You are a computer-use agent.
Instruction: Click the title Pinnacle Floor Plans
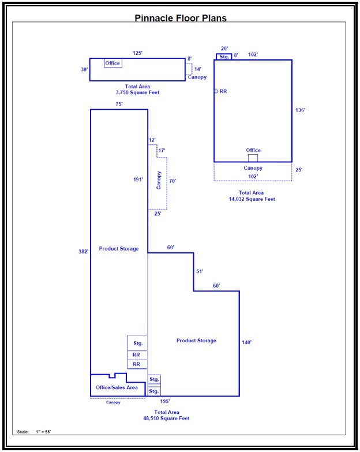[181, 18]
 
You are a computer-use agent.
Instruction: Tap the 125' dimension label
[137, 53]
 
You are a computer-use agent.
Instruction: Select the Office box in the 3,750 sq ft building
[113, 63]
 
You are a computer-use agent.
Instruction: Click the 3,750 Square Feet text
[137, 92]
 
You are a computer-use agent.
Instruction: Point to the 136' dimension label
[300, 110]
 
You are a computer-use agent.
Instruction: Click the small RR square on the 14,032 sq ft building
[216, 91]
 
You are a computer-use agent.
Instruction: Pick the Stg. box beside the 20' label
[224, 57]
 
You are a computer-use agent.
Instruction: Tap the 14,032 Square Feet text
[252, 199]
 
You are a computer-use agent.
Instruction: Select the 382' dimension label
[83, 252]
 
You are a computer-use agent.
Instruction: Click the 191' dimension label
[138, 180]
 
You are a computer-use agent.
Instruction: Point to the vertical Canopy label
[159, 181]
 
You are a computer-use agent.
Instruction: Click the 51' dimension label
[200, 271]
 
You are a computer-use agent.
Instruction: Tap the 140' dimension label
[246, 342]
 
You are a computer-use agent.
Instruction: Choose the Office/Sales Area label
[117, 388]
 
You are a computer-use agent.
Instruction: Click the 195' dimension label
[165, 401]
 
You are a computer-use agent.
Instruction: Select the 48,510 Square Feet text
[167, 419]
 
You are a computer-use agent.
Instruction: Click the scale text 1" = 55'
[43, 432]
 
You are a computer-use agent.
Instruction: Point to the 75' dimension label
[119, 104]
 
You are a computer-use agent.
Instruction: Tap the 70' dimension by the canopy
[172, 181]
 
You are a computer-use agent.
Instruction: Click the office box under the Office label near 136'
[253, 158]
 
